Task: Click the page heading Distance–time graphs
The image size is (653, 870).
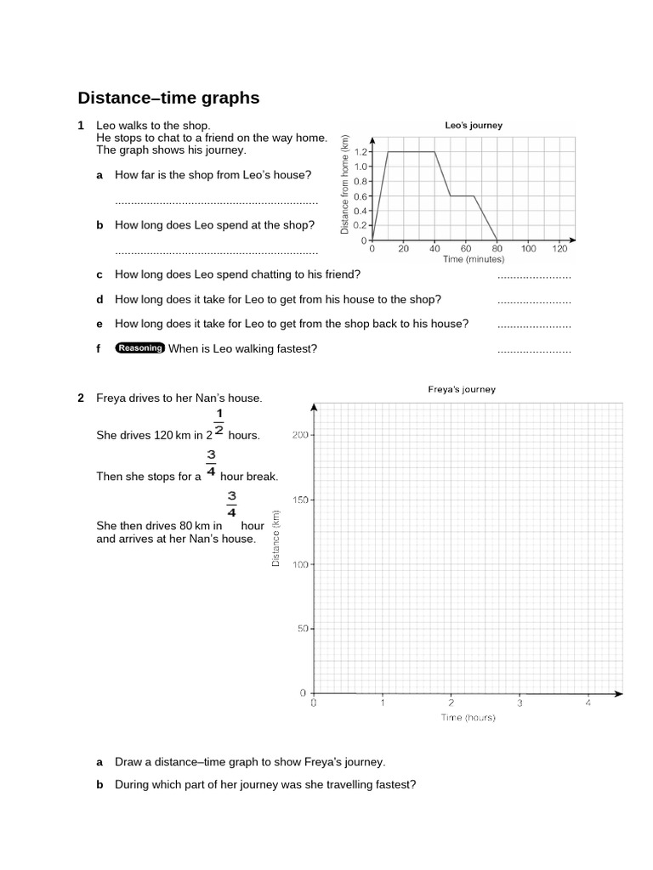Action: point(168,99)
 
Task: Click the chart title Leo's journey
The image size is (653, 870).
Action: point(474,125)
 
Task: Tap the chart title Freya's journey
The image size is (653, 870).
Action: point(461,390)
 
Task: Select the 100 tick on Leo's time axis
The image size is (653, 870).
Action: point(528,249)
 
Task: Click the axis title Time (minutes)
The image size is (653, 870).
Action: point(473,260)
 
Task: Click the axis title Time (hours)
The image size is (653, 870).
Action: point(468,718)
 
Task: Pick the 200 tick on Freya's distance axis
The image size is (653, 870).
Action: point(298,435)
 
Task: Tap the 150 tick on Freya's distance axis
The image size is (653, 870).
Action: point(298,500)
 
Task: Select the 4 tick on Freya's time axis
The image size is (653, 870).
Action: point(588,703)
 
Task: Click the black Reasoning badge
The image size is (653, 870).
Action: point(140,347)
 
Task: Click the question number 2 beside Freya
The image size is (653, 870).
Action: point(81,398)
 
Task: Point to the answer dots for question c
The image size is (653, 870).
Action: point(534,277)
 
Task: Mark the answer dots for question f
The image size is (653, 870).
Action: point(534,350)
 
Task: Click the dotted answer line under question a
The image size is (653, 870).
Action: point(216,202)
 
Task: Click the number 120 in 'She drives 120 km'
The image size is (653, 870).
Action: point(163,435)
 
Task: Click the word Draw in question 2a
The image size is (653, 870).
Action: point(128,762)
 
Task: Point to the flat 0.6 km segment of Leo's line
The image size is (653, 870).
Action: point(462,196)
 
